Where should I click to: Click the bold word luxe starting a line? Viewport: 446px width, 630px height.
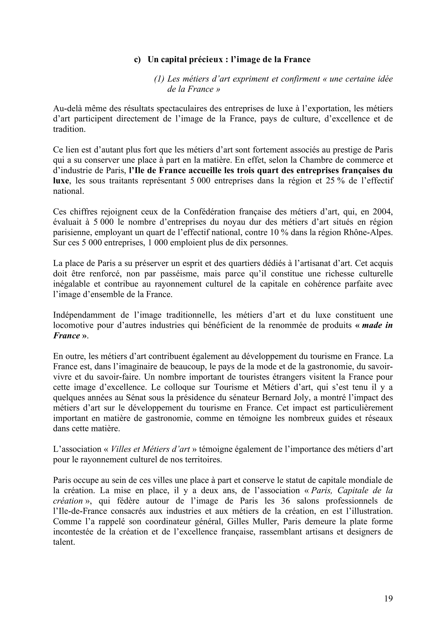61,181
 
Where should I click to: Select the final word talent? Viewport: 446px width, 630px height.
64,542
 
